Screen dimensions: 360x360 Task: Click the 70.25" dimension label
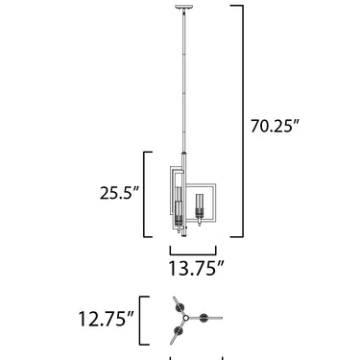click(x=275, y=126)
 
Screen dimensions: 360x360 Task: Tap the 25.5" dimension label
click(x=120, y=193)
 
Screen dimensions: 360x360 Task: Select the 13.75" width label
click(x=196, y=268)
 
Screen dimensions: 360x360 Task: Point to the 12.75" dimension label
click(x=107, y=319)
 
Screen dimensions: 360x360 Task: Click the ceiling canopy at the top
click(x=184, y=8)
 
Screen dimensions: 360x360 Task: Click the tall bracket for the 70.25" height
click(x=242, y=121)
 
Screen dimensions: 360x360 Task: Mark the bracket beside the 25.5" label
click(x=145, y=194)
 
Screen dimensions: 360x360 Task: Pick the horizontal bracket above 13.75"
click(x=193, y=254)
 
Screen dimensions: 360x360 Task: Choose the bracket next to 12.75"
click(x=141, y=321)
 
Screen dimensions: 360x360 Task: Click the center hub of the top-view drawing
click(x=186, y=318)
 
